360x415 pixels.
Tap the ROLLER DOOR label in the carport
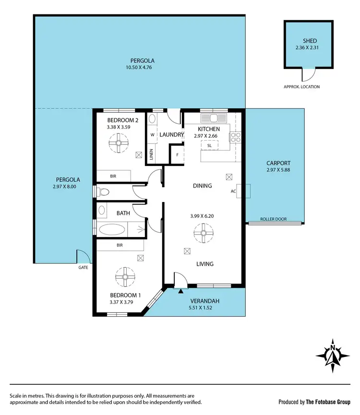tap(273, 219)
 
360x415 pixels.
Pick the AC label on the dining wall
tap(234, 190)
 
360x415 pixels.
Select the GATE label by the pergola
tap(83, 267)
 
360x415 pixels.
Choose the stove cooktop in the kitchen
tap(236, 138)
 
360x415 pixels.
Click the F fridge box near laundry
tap(178, 155)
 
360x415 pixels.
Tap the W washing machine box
tap(152, 135)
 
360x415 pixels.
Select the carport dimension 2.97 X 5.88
tap(278, 170)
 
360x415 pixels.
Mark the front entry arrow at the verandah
tap(180, 291)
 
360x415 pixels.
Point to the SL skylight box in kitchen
tap(209, 145)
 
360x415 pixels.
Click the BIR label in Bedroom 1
tap(120, 245)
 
